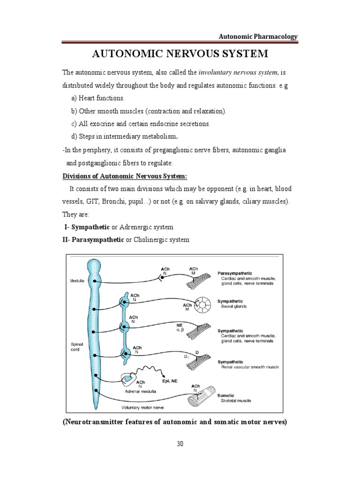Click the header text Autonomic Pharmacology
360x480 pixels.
click(259, 37)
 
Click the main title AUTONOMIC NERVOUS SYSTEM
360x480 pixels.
click(180, 54)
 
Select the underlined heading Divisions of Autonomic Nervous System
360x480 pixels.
click(125, 176)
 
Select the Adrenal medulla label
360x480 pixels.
click(140, 391)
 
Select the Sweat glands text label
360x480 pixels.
click(234, 306)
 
